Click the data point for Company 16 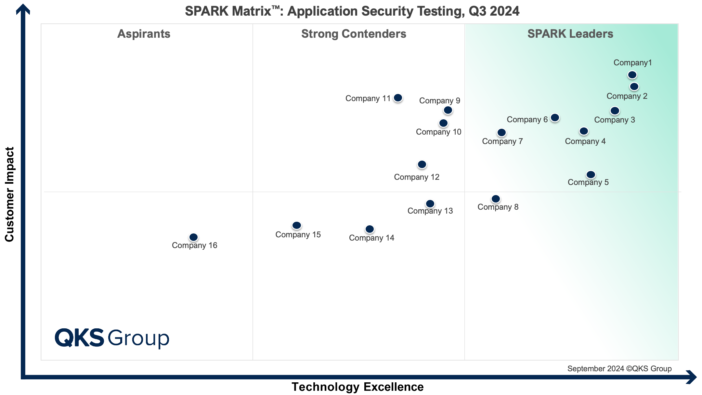coord(193,237)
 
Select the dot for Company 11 coord(398,98)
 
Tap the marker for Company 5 coord(591,175)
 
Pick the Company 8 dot coord(496,199)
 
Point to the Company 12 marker coord(422,165)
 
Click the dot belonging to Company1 coord(632,75)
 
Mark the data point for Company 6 coord(555,118)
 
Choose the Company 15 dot coord(296,226)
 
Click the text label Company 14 coord(371,238)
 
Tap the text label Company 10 coord(438,132)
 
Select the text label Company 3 coord(614,120)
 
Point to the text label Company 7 coord(502,141)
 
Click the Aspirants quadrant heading coord(144,34)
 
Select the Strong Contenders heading coord(354,34)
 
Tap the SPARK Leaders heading coord(570,34)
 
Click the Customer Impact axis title coord(10,194)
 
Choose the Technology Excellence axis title coord(357,387)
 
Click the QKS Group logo coord(112,338)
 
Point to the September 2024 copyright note coord(619,369)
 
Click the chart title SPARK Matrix coord(352,11)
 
